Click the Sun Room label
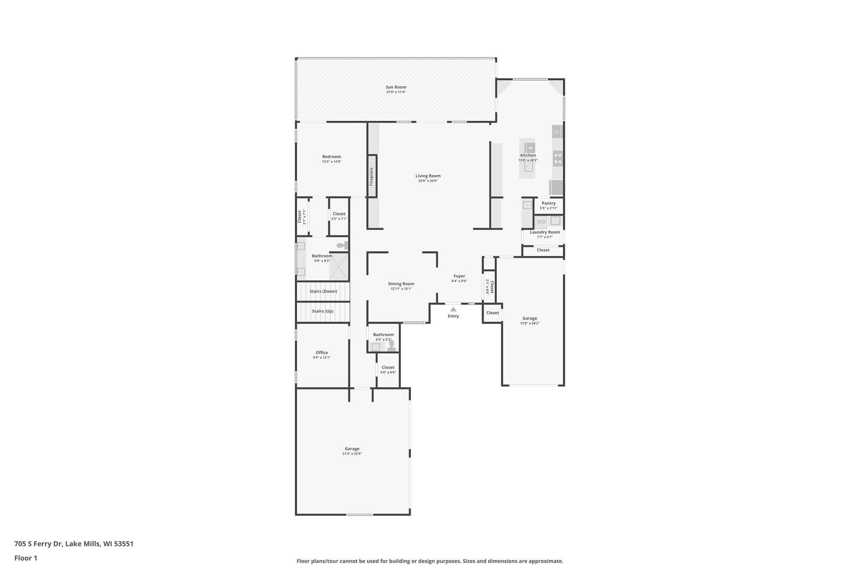coord(396,87)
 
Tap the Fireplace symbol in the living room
coord(372,176)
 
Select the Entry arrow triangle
coord(453,309)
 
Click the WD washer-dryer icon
coord(541,222)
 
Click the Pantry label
coord(548,203)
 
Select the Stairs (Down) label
coord(323,291)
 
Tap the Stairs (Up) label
coord(322,311)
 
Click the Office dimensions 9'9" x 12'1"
coord(322,358)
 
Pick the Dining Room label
coord(401,284)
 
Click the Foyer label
coord(459,276)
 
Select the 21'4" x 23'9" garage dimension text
coord(352,454)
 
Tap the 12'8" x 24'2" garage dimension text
coord(530,323)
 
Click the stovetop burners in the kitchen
coord(558,159)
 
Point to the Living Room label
coord(428,176)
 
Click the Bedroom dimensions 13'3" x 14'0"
coord(331,162)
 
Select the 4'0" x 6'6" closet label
coord(388,372)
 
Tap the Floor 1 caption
coord(26,558)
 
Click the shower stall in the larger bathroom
coord(338,267)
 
